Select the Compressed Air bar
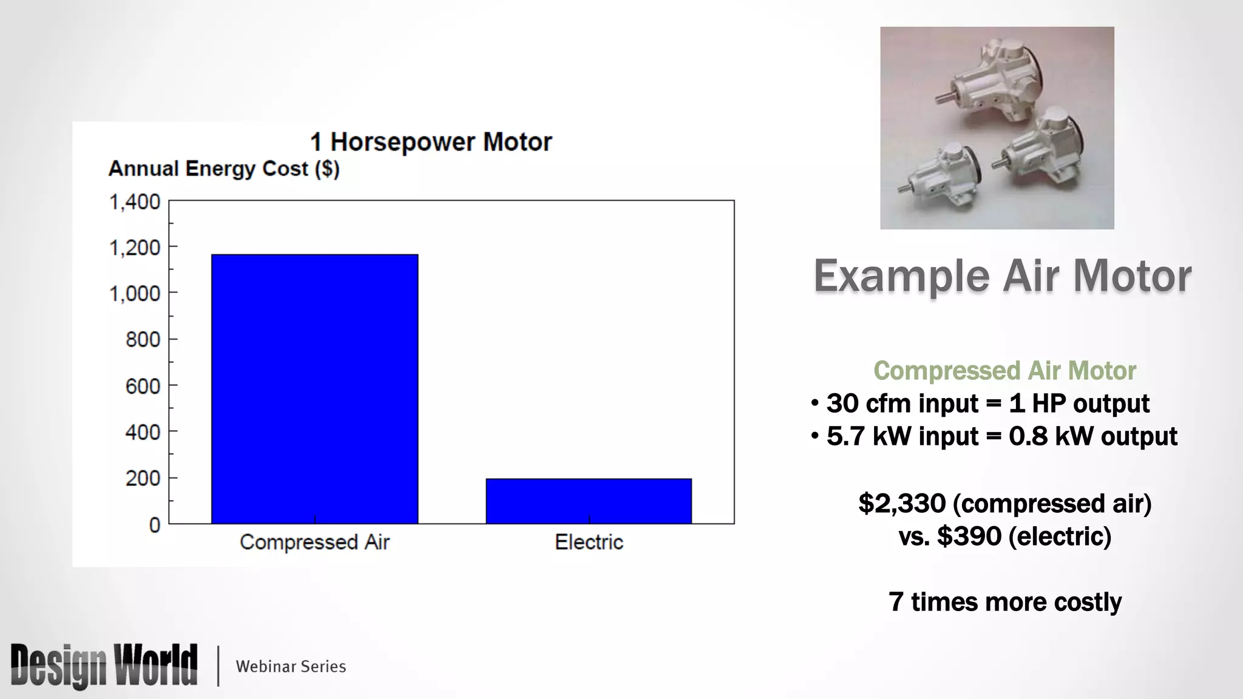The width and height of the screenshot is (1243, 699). coord(314,388)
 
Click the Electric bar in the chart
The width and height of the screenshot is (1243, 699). coord(588,501)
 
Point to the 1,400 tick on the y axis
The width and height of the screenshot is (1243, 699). coord(135,201)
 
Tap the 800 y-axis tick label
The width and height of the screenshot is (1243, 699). coord(143,339)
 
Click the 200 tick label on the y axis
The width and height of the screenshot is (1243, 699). coord(143,478)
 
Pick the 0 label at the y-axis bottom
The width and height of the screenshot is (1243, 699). coord(155,525)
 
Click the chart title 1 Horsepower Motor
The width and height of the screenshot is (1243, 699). coord(431,142)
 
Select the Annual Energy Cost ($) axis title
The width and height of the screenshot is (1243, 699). coord(224,168)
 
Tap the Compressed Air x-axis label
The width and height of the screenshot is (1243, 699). coord(314,542)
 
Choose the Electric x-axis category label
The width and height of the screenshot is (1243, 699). coord(589,542)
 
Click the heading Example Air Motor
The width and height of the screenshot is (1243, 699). coord(1002,276)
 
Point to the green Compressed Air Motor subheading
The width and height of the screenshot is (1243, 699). coord(1004,371)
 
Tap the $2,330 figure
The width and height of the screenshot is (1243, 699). coord(902,504)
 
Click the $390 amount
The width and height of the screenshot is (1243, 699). coord(969,536)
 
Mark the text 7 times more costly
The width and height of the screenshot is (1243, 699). coord(1004,602)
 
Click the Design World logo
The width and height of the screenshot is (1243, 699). coord(104,665)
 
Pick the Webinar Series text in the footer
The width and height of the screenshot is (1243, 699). coord(291,666)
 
